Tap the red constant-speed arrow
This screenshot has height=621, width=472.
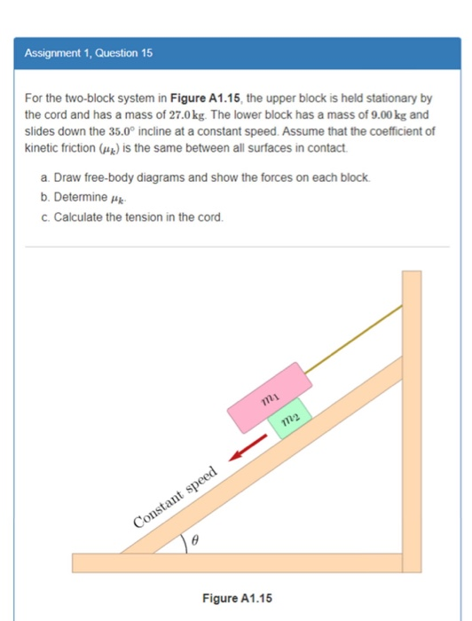[x=249, y=450]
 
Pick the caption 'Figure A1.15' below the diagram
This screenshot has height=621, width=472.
[x=237, y=599]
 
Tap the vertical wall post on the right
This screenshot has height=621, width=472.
[x=412, y=417]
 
